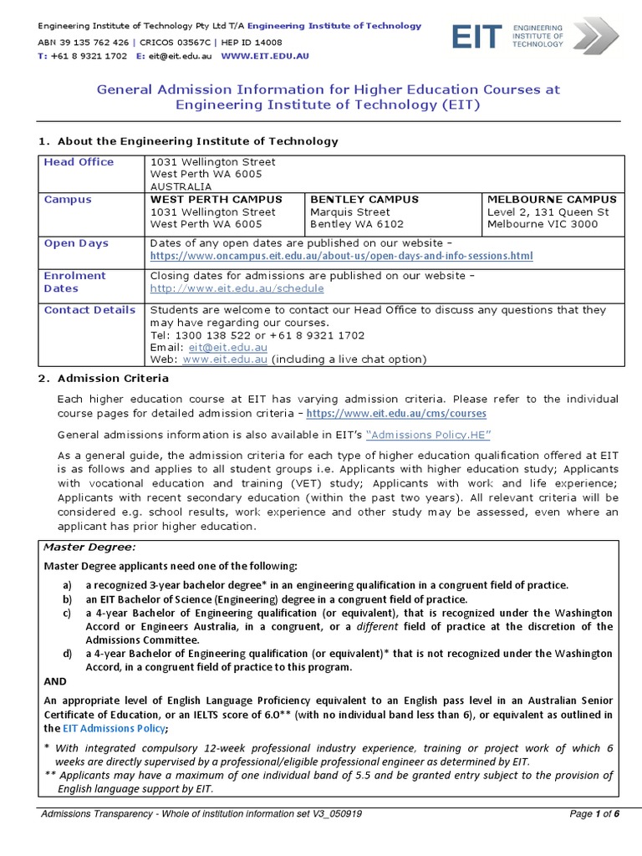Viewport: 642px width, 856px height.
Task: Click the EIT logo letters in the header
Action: pos(477,37)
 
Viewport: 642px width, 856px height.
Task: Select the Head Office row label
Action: pos(79,162)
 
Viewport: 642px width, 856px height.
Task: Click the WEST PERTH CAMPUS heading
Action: pos(216,200)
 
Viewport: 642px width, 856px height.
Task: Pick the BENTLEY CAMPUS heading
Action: pos(364,200)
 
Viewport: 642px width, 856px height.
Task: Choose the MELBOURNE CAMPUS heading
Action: pos(552,200)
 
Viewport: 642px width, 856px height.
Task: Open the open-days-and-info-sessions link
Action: pos(341,256)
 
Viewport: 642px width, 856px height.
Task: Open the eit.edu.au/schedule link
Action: pos(237,288)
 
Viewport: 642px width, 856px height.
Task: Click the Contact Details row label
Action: pos(89,310)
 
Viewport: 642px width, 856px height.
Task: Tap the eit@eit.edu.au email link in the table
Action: pos(228,347)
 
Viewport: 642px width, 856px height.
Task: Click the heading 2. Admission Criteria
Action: pos(104,379)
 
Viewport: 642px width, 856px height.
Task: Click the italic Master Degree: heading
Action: pos(89,547)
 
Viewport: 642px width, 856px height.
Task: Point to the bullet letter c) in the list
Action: pos(67,613)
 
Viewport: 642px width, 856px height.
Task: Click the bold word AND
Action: pos(55,681)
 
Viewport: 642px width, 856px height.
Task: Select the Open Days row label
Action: pos(76,243)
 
